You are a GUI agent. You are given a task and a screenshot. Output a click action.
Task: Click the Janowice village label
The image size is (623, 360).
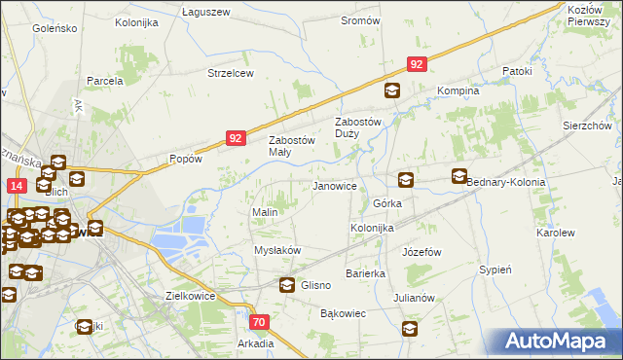tap(333, 185)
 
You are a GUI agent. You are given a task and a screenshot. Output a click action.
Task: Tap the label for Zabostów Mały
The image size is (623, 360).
tap(292, 145)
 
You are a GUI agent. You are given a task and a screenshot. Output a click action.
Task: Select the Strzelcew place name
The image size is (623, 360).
tap(230, 73)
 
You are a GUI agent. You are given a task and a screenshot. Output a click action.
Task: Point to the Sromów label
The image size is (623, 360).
tap(360, 20)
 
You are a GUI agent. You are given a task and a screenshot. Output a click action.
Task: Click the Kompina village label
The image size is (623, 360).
tap(458, 90)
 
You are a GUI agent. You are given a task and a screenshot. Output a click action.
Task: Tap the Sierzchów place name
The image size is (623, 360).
tap(586, 126)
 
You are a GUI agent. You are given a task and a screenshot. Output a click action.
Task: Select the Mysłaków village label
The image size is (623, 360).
tap(277, 250)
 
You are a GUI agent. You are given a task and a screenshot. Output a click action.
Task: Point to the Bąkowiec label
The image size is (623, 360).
tap(343, 313)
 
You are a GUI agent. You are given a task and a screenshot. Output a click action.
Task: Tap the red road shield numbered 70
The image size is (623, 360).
tap(259, 322)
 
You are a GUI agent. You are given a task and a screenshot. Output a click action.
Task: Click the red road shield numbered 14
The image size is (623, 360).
tap(17, 185)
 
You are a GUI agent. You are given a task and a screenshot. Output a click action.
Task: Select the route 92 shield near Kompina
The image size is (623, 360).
tap(416, 64)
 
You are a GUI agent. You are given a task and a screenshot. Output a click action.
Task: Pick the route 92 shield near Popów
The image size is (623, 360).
tap(236, 139)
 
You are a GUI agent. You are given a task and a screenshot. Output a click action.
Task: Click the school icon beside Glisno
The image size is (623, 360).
tap(287, 285)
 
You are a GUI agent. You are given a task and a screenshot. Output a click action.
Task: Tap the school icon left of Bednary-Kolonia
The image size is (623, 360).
tap(459, 177)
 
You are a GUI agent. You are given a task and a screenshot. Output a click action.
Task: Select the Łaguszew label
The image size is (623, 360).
tap(205, 12)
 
